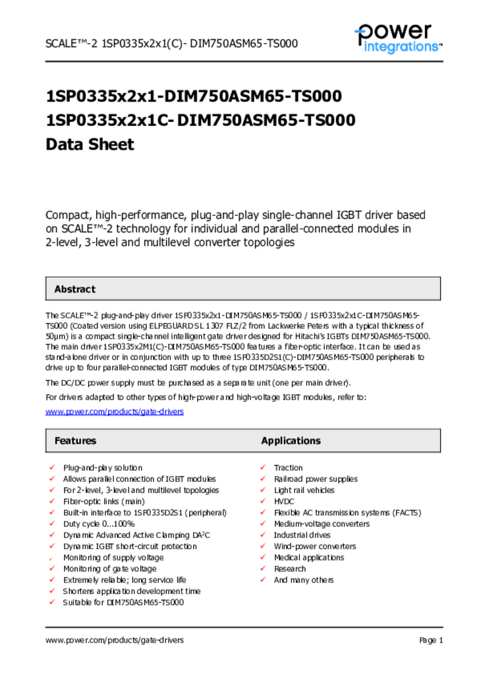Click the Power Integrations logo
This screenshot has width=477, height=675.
pos(398,38)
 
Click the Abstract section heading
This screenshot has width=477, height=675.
pos(74,289)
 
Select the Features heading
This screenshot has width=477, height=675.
pos(75,441)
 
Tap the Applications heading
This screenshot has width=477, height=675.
pos(291,441)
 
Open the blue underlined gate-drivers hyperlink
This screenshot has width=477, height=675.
pos(115,412)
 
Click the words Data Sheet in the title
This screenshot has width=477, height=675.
pos(90,144)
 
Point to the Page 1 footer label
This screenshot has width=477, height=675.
pos(431,640)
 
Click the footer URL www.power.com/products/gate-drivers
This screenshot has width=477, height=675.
pos(115,640)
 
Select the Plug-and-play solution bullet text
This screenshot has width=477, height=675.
pos(102,468)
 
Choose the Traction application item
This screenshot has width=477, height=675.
pos(289,468)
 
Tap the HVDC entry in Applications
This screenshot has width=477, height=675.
pos(284,502)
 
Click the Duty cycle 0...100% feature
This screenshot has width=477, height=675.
pos(99,524)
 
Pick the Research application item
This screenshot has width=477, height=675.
pos(290,569)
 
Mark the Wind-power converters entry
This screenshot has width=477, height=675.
pos(315,546)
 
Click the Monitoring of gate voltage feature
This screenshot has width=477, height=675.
pos(109,569)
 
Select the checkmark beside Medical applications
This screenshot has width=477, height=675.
pos(262,558)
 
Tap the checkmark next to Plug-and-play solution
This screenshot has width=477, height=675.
pos(51,468)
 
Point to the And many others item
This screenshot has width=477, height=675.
pos(304,580)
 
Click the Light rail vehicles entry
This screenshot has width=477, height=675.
pos(304,490)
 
